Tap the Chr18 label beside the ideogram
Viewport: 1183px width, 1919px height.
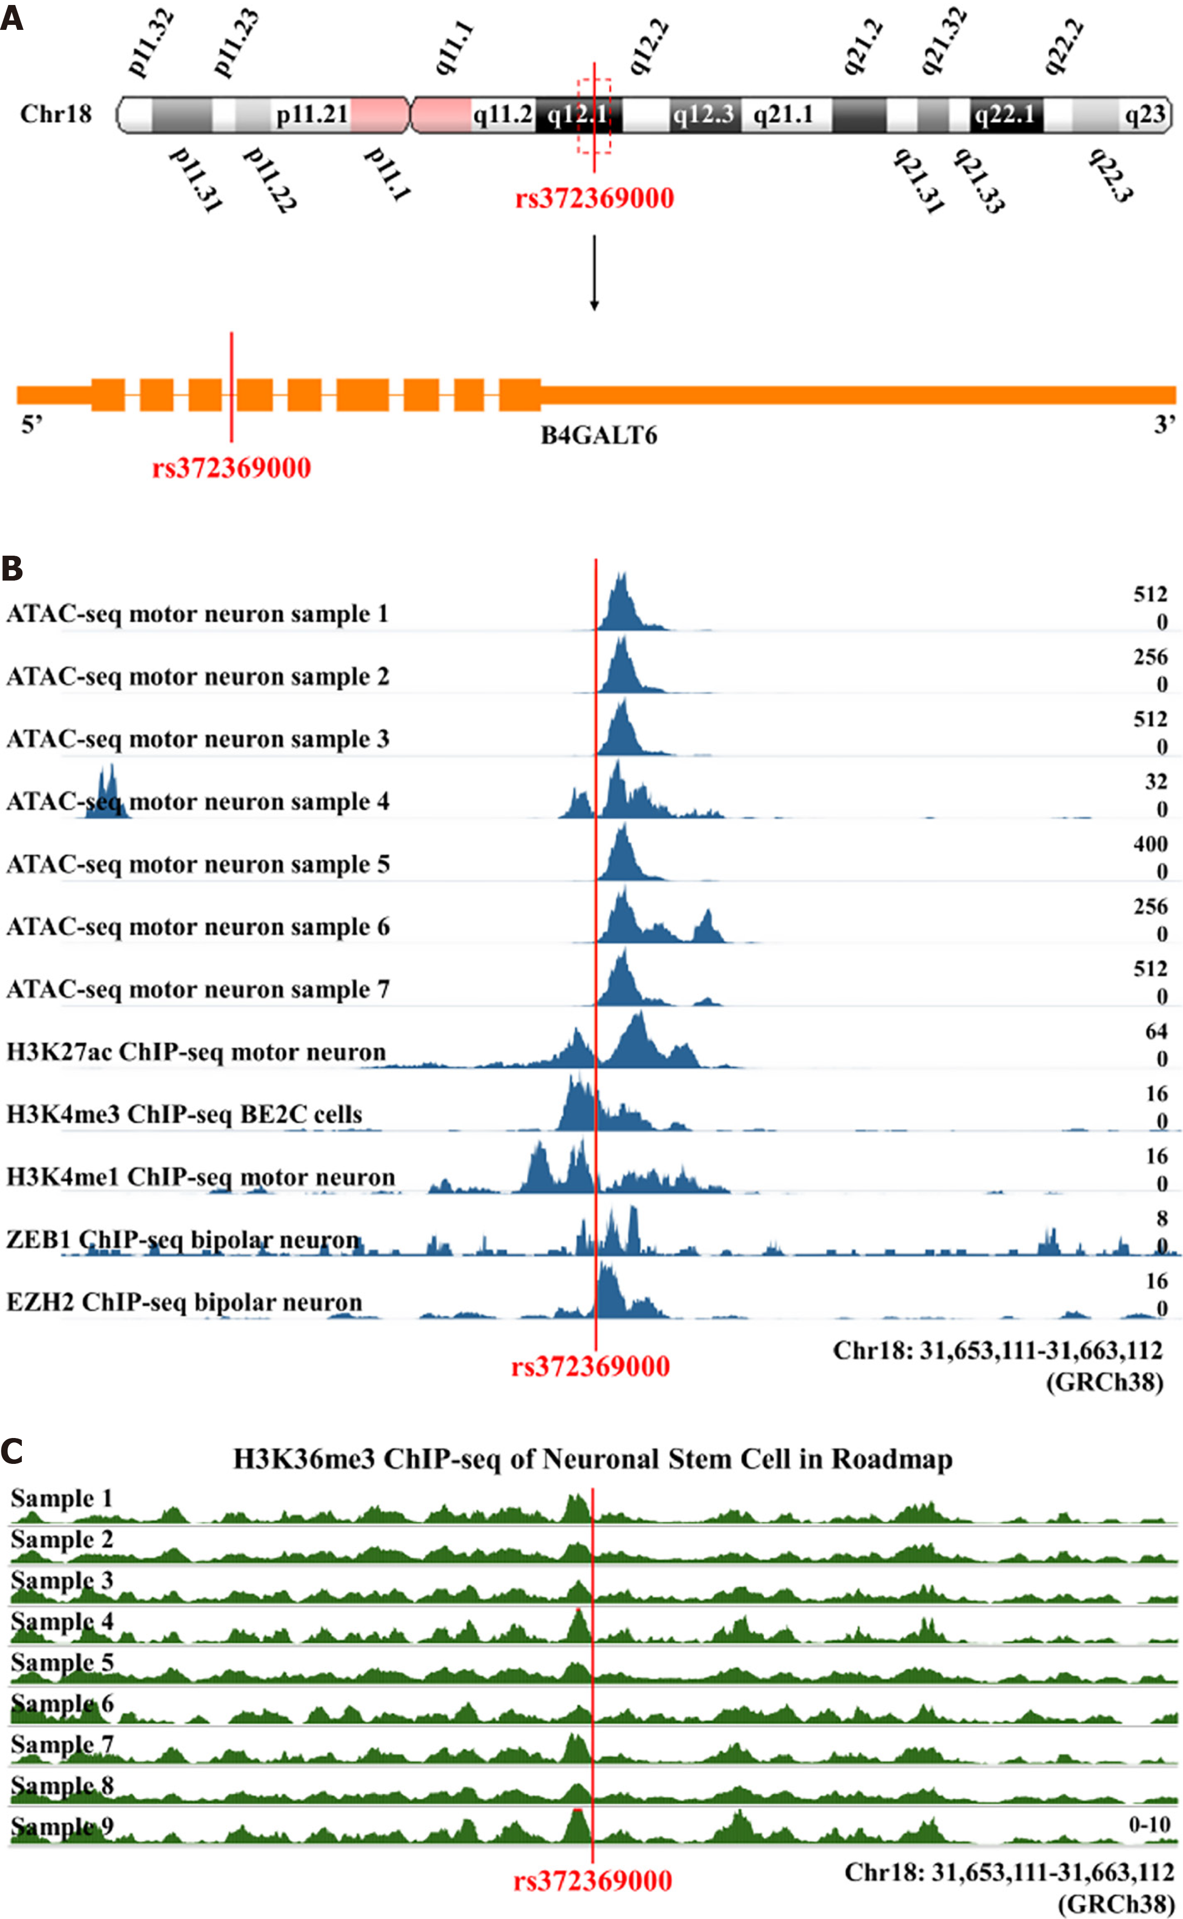56,114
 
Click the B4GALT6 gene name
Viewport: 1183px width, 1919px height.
598,435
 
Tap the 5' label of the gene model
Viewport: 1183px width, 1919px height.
31,425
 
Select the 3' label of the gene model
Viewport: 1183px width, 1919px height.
1164,425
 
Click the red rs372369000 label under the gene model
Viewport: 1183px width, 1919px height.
232,468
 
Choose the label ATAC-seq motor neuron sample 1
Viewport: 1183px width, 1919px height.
197,614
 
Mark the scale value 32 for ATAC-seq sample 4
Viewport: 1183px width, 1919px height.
1156,782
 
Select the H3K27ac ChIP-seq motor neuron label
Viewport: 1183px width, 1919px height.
196,1052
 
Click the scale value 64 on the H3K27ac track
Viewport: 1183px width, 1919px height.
1156,1032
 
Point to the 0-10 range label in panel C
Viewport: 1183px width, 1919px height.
1149,1824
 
